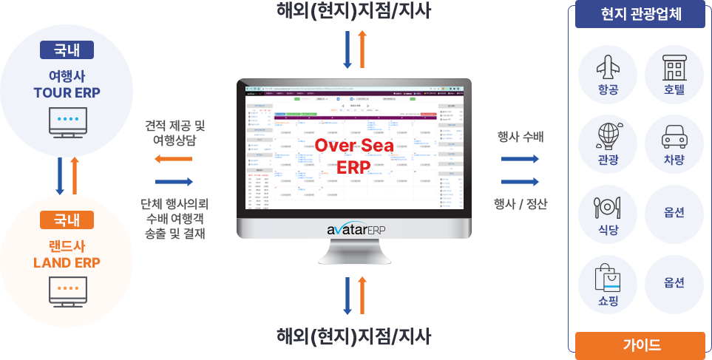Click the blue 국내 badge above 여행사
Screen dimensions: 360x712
[x=67, y=50]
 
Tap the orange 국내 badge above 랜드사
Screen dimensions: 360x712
[x=67, y=220]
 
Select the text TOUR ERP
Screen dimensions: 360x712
[x=67, y=92]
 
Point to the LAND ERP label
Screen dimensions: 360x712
[x=67, y=262]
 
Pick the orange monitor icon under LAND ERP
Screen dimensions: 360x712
[x=67, y=291]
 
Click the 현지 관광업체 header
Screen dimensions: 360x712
[x=640, y=14]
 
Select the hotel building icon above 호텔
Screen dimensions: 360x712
[x=674, y=67]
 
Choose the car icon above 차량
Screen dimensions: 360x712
[x=674, y=136]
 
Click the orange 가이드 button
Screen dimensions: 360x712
[x=640, y=344]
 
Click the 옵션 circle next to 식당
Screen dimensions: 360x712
[x=674, y=213]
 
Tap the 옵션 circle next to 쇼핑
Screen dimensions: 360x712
[x=674, y=283]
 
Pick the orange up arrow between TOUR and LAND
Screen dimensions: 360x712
[x=74, y=174]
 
